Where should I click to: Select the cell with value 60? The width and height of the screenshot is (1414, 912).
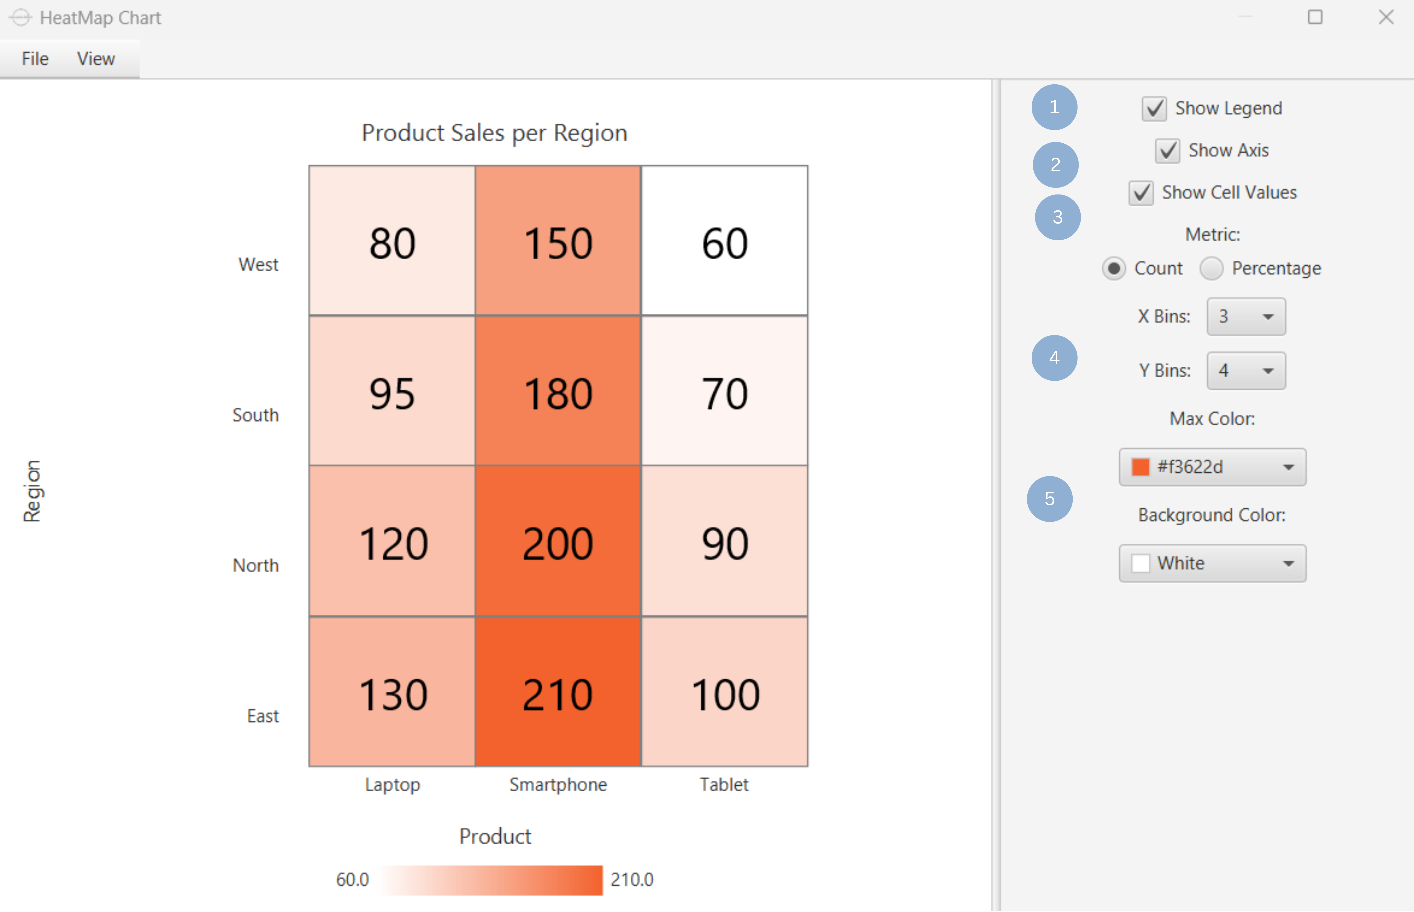(x=724, y=241)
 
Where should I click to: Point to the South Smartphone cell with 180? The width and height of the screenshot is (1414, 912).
(x=558, y=391)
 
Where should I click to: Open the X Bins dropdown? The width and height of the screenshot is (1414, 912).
(x=1246, y=317)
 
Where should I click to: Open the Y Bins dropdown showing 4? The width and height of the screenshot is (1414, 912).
(x=1246, y=371)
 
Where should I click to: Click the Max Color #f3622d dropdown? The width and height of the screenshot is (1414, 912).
(x=1212, y=467)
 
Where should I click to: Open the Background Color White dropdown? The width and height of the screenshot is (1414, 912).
(x=1212, y=563)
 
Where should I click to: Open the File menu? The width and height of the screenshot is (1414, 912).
(x=35, y=59)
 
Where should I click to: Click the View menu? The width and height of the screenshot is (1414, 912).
(x=95, y=59)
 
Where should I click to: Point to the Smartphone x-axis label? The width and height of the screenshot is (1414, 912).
(x=558, y=785)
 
